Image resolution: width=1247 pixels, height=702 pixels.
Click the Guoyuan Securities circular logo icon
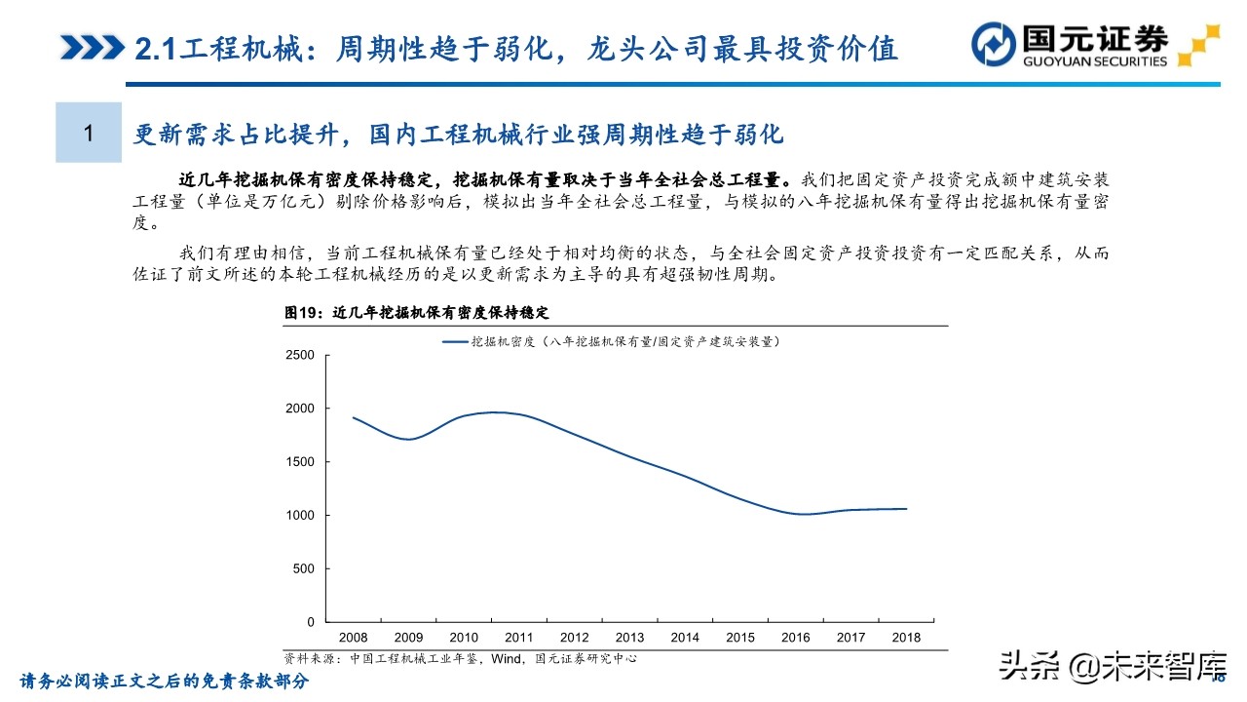pos(996,46)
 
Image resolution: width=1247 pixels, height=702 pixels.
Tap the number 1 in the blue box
pos(88,133)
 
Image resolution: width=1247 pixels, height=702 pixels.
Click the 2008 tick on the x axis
pos(352,638)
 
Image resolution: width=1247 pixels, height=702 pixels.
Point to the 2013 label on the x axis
pos(629,638)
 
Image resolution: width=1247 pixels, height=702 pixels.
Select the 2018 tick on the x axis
pos(907,638)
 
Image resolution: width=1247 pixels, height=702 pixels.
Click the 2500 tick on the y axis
pos(300,355)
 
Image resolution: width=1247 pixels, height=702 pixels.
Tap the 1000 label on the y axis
pos(300,515)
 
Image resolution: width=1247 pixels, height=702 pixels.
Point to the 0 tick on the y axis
pos(311,622)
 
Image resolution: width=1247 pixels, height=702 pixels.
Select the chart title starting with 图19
pos(417,313)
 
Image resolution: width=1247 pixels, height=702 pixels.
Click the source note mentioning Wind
pos(460,658)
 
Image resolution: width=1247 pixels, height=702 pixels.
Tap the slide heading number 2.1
pos(154,47)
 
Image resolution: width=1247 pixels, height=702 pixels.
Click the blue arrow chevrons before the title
pos(92,47)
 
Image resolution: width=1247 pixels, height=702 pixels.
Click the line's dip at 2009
pos(409,439)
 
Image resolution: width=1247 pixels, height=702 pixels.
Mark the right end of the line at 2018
pos(907,508)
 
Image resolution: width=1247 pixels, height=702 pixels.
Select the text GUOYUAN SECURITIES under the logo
pos(1093,61)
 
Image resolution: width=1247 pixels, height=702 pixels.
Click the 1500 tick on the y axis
pos(300,462)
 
